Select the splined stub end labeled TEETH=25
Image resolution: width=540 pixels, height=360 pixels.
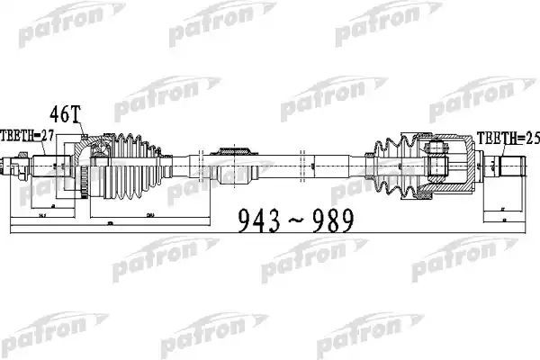coord(509,166)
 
